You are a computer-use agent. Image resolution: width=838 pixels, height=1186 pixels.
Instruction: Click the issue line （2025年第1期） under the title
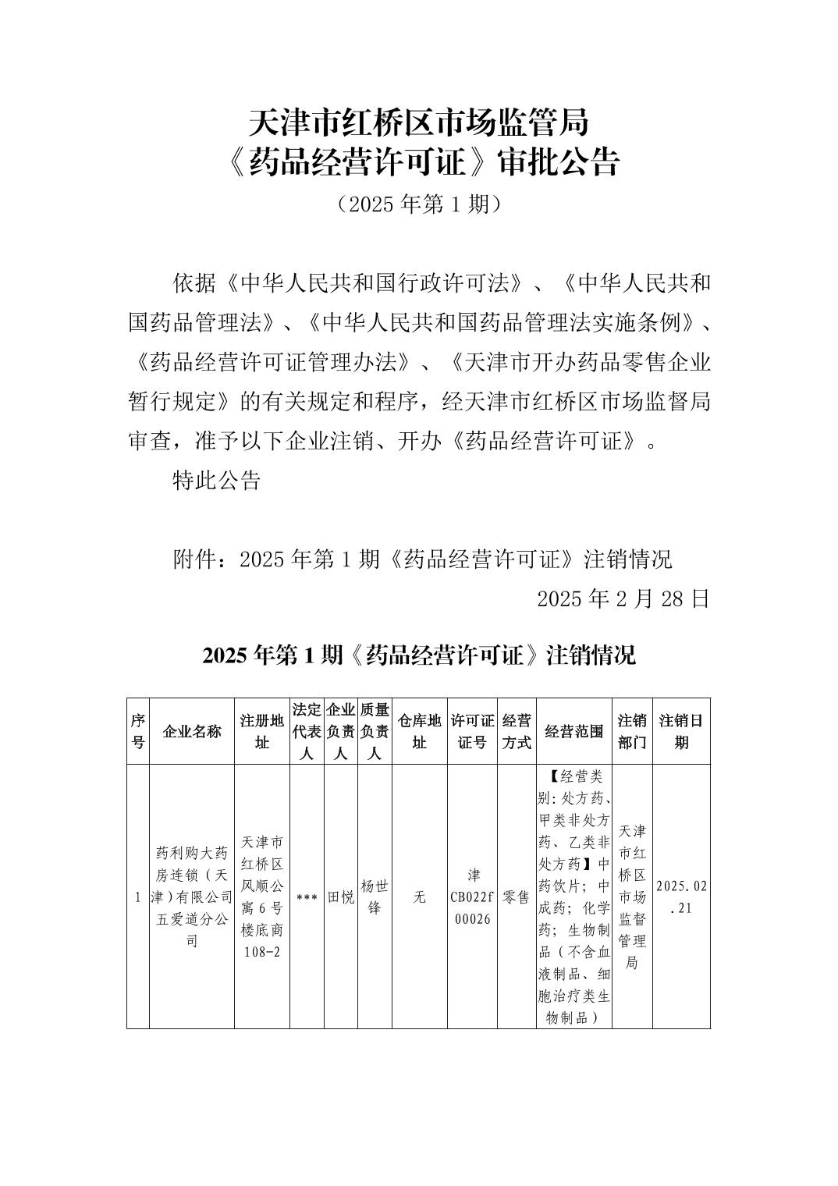418,204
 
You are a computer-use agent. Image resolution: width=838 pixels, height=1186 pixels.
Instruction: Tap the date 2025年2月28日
623,598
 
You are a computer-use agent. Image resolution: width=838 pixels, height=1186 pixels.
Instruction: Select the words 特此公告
215,480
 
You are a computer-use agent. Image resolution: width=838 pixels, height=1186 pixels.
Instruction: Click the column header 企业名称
192,731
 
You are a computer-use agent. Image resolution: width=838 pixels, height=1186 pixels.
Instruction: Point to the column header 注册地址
262,731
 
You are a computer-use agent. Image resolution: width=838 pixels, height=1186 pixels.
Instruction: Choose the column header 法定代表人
307,731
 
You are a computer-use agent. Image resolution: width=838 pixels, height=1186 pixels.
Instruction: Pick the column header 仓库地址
419,731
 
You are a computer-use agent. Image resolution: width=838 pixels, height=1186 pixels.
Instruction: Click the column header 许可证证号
472,731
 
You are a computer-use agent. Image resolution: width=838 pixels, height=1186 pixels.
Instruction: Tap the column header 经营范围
574,731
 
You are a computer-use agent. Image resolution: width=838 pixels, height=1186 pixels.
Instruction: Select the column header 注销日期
681,731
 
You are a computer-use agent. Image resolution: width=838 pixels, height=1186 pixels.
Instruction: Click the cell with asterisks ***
307,897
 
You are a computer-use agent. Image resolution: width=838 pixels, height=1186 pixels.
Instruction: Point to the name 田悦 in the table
340,897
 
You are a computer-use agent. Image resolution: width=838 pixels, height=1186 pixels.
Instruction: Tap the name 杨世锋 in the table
374,897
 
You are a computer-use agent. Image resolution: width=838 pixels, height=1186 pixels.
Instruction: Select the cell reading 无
419,897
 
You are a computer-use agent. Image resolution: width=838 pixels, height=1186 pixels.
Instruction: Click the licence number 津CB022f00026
472,897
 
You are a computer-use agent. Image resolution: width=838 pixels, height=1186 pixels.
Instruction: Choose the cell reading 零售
517,897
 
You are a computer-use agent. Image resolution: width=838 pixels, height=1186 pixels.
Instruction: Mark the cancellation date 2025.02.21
681,897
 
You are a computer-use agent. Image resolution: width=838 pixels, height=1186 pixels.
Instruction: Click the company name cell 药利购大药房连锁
192,897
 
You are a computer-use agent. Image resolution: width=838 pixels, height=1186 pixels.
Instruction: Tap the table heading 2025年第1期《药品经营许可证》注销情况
419,655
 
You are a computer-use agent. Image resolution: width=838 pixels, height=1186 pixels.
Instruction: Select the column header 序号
137,731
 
